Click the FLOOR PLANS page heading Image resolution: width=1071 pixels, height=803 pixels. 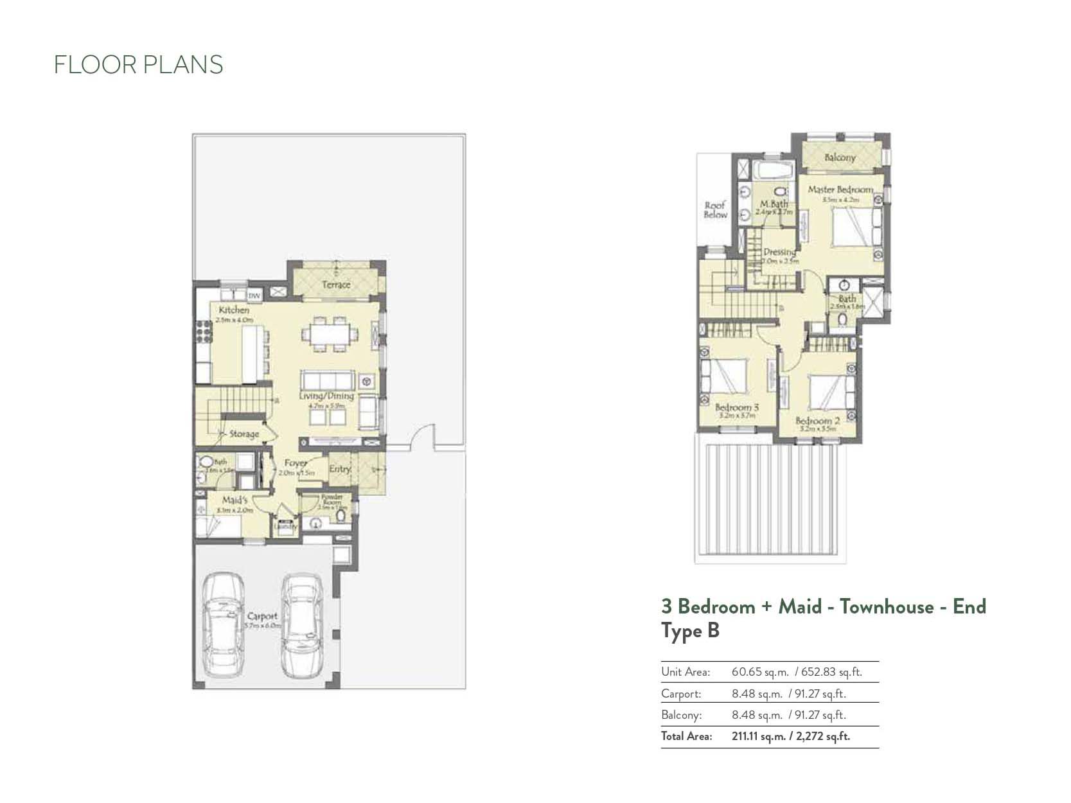(x=138, y=65)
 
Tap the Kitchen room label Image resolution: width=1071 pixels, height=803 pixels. (x=234, y=310)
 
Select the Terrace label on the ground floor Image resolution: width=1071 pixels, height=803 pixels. (x=336, y=284)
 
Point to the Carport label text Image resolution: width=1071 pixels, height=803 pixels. (x=262, y=615)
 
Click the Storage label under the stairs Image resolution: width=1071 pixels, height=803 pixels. (x=243, y=434)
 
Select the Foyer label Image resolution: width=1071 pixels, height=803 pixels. (x=296, y=463)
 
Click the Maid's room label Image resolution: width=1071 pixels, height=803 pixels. (x=235, y=500)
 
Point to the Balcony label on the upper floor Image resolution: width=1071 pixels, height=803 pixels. (x=840, y=157)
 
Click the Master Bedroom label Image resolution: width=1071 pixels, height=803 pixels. (x=840, y=190)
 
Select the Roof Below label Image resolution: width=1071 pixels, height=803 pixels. (x=715, y=210)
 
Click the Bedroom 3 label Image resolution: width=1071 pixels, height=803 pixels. (x=736, y=407)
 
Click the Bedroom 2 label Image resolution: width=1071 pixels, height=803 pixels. (x=817, y=421)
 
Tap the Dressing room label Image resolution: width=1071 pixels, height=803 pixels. (x=779, y=252)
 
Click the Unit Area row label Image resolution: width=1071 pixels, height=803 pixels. (x=686, y=673)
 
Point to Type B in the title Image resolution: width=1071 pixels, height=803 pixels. (x=690, y=631)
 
